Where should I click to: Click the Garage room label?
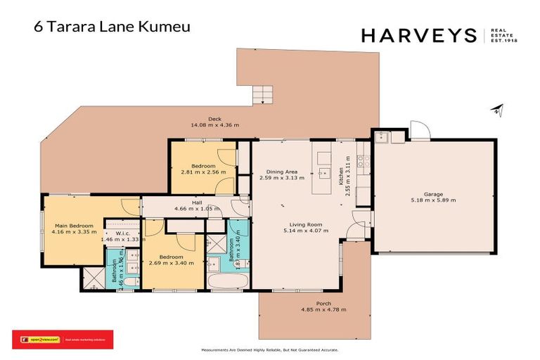pos(432,193)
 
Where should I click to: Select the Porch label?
pos(323,304)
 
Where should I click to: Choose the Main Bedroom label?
pos(73,226)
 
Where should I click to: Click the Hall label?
pos(187,202)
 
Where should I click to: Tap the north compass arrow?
pos(498,110)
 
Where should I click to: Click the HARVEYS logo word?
pos(419,35)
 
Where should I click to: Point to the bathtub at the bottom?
pos(226,283)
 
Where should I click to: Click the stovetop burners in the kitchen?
pos(364,163)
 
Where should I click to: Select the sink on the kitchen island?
pos(323,172)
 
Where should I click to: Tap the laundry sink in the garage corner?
pos(382,136)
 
